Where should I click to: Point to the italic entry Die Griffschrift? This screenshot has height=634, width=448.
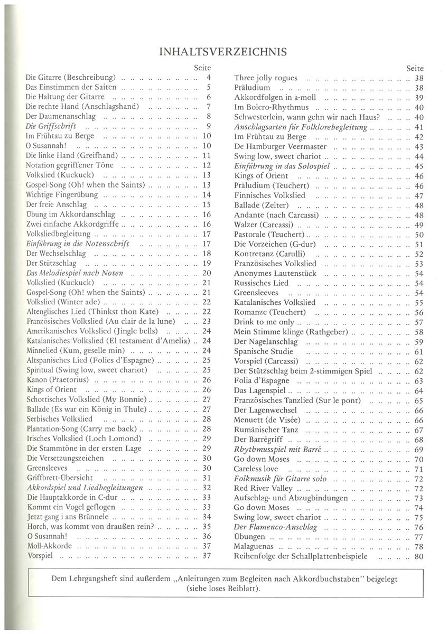point(51,126)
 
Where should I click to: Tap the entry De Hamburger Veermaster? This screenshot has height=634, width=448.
point(280,146)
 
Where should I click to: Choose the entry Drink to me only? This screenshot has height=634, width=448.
point(264,322)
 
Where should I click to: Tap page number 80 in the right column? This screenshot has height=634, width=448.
point(419,556)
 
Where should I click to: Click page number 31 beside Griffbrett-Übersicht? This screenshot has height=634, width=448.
point(207,478)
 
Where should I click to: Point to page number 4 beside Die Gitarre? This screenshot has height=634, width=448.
point(209,77)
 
